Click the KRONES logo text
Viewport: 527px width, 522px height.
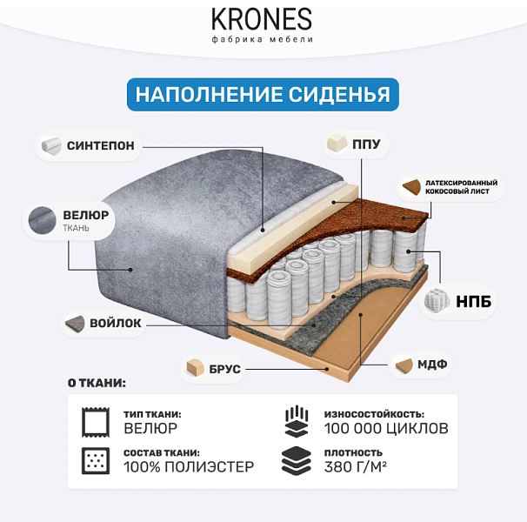tap(262, 19)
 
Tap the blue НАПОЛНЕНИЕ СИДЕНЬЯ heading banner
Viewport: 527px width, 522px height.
tap(263, 95)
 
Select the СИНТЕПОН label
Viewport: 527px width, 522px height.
tap(101, 145)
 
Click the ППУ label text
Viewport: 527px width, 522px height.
tap(366, 144)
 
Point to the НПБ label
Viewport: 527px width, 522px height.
tap(473, 301)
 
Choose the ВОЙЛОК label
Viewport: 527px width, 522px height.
tap(116, 323)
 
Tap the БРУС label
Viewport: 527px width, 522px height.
tap(224, 369)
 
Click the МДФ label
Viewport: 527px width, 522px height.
tap(432, 364)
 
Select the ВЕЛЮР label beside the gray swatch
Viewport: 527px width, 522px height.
tap(86, 215)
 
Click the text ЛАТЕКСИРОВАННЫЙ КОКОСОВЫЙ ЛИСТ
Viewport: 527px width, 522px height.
tap(461, 187)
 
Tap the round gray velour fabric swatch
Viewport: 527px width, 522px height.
tap(43, 220)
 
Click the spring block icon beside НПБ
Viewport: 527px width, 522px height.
tap(437, 301)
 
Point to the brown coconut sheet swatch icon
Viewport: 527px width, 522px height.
tap(411, 187)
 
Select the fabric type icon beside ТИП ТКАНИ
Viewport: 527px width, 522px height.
tap(96, 422)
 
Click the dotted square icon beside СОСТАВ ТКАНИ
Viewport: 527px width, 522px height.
tap(96, 460)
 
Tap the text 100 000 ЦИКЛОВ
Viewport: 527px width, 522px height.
tap(386, 428)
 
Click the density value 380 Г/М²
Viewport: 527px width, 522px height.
tap(356, 467)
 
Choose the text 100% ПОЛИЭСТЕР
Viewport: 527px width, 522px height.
tap(189, 467)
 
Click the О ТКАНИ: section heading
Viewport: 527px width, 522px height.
tap(97, 383)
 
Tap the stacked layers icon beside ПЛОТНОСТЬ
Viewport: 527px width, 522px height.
tap(296, 460)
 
